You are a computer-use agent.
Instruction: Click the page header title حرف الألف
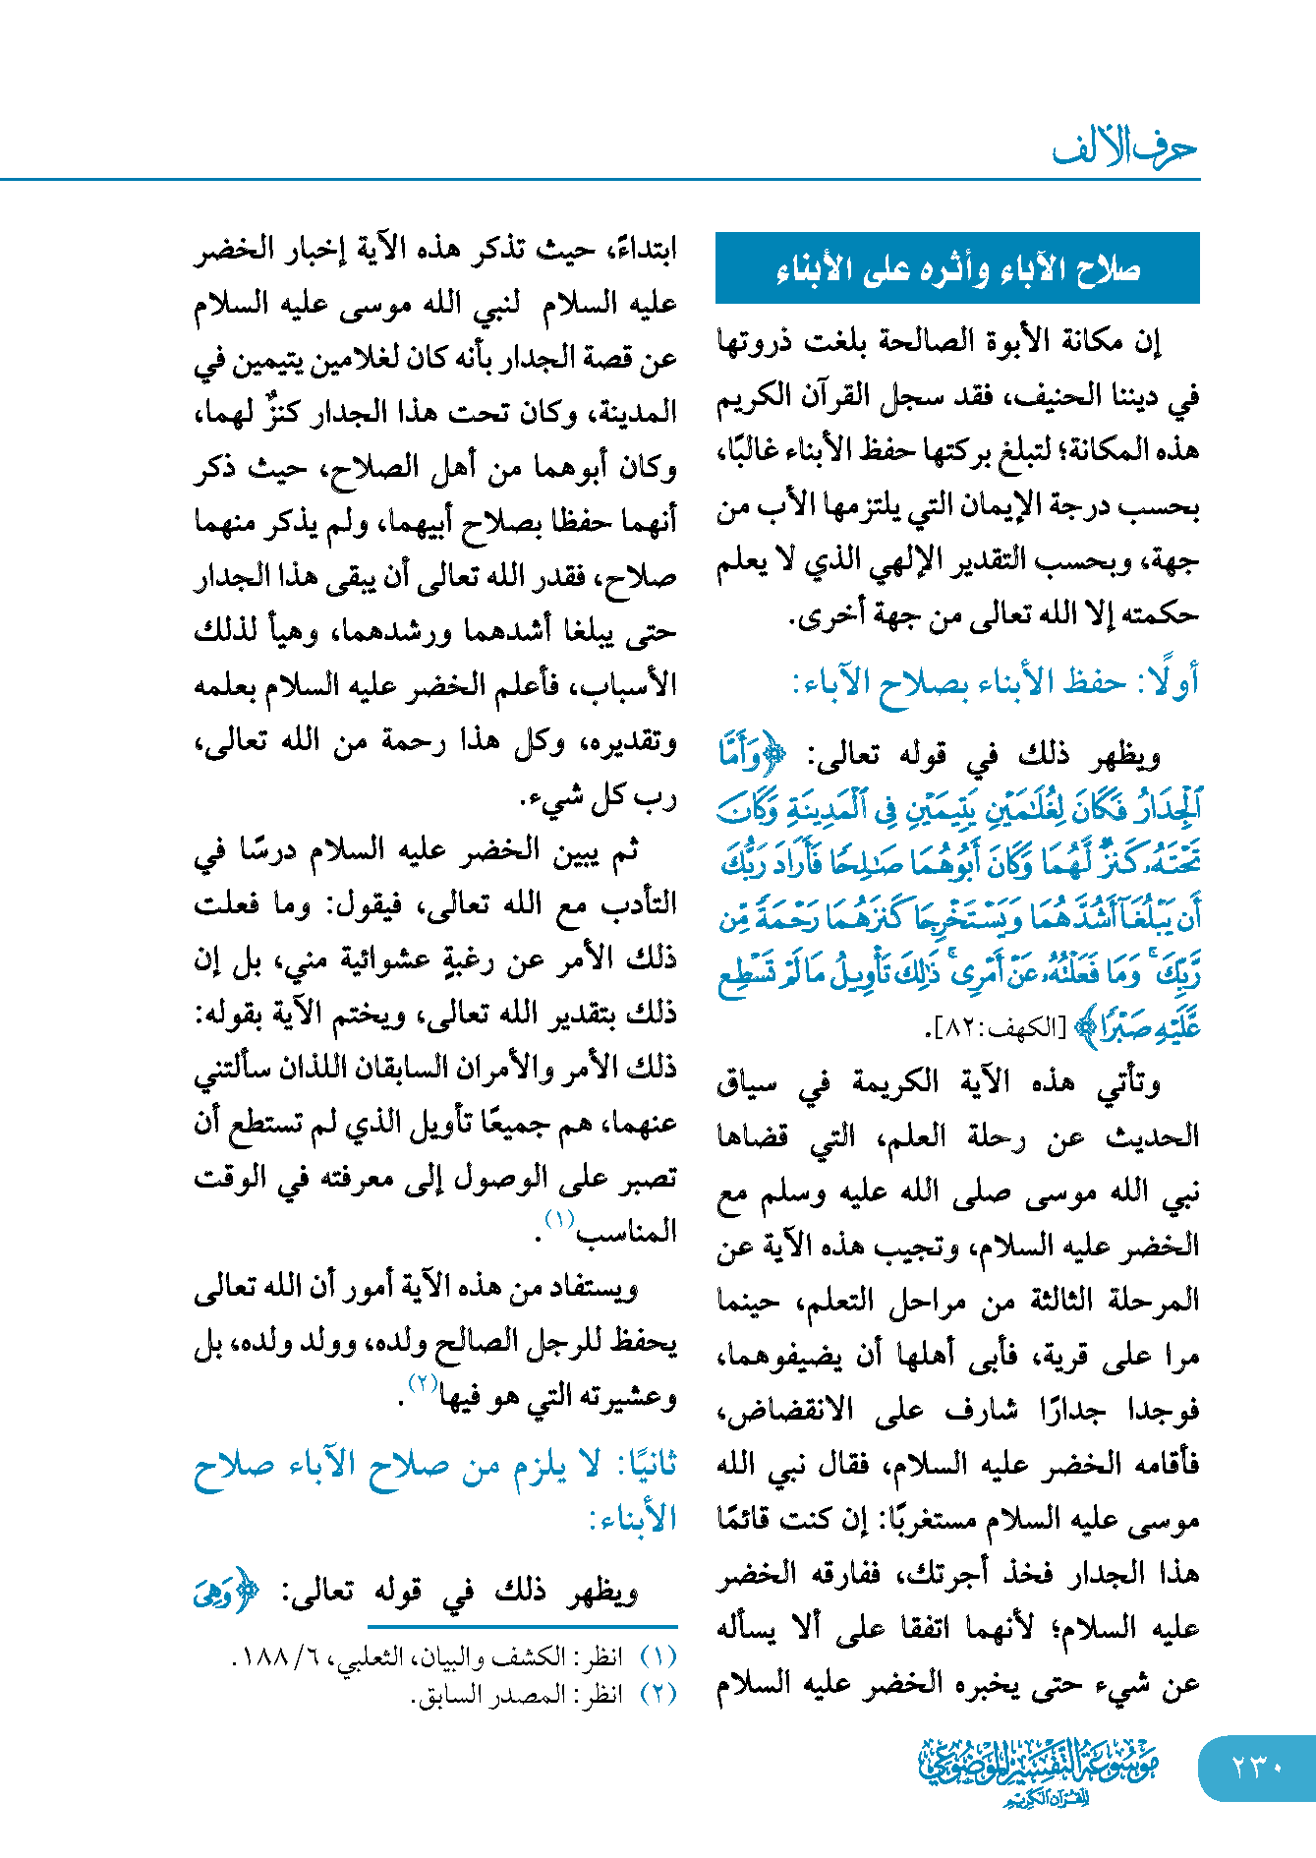pyautogui.click(x=1124, y=148)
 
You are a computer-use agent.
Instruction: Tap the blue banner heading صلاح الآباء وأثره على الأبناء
pyautogui.click(x=957, y=268)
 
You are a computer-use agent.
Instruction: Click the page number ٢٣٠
pyautogui.click(x=1257, y=1767)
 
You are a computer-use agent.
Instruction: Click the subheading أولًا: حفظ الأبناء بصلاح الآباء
pyautogui.click(x=996, y=681)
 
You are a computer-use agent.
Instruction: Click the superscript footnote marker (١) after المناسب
pyautogui.click(x=559, y=1219)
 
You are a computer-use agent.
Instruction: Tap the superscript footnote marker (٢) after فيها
pyautogui.click(x=422, y=1383)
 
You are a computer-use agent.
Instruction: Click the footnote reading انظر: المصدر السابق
pyautogui.click(x=516, y=1695)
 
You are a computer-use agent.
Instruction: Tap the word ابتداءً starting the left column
pyautogui.click(x=638, y=250)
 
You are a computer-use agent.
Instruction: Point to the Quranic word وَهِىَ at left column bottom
pyautogui.click(x=214, y=1594)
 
